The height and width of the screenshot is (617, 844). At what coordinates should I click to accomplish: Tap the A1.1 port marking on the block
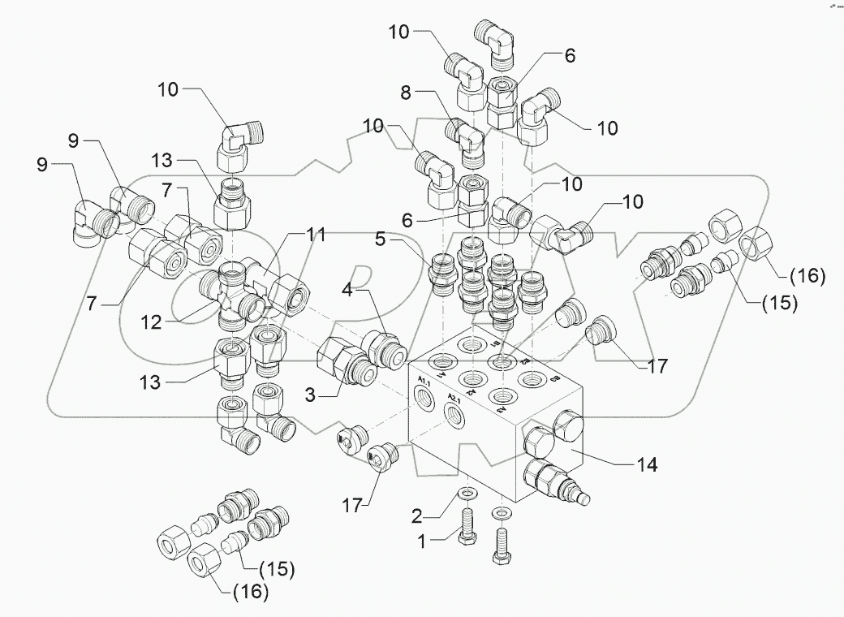[x=424, y=382]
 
